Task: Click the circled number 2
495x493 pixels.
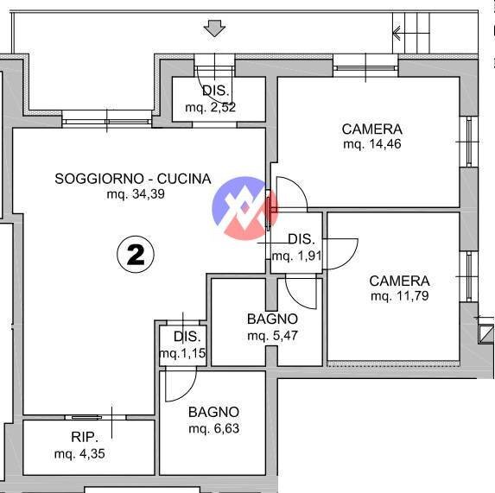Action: (136, 254)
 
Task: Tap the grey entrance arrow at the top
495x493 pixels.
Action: (214, 28)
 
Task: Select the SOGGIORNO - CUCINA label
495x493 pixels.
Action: (133, 179)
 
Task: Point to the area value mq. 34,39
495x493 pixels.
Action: (136, 194)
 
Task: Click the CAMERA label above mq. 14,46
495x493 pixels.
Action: (372, 130)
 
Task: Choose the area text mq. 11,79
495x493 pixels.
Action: (400, 296)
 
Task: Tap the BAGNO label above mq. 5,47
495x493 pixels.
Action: (272, 319)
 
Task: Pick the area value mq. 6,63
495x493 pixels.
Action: (213, 428)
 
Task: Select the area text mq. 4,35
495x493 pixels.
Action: (79, 454)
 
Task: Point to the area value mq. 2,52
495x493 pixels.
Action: (210, 108)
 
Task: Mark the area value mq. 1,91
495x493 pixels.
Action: (297, 256)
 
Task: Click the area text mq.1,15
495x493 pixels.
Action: (183, 353)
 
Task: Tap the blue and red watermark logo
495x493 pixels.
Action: (245, 208)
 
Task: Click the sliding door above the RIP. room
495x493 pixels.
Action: (95, 417)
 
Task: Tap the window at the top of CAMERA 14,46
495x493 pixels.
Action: (365, 68)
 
